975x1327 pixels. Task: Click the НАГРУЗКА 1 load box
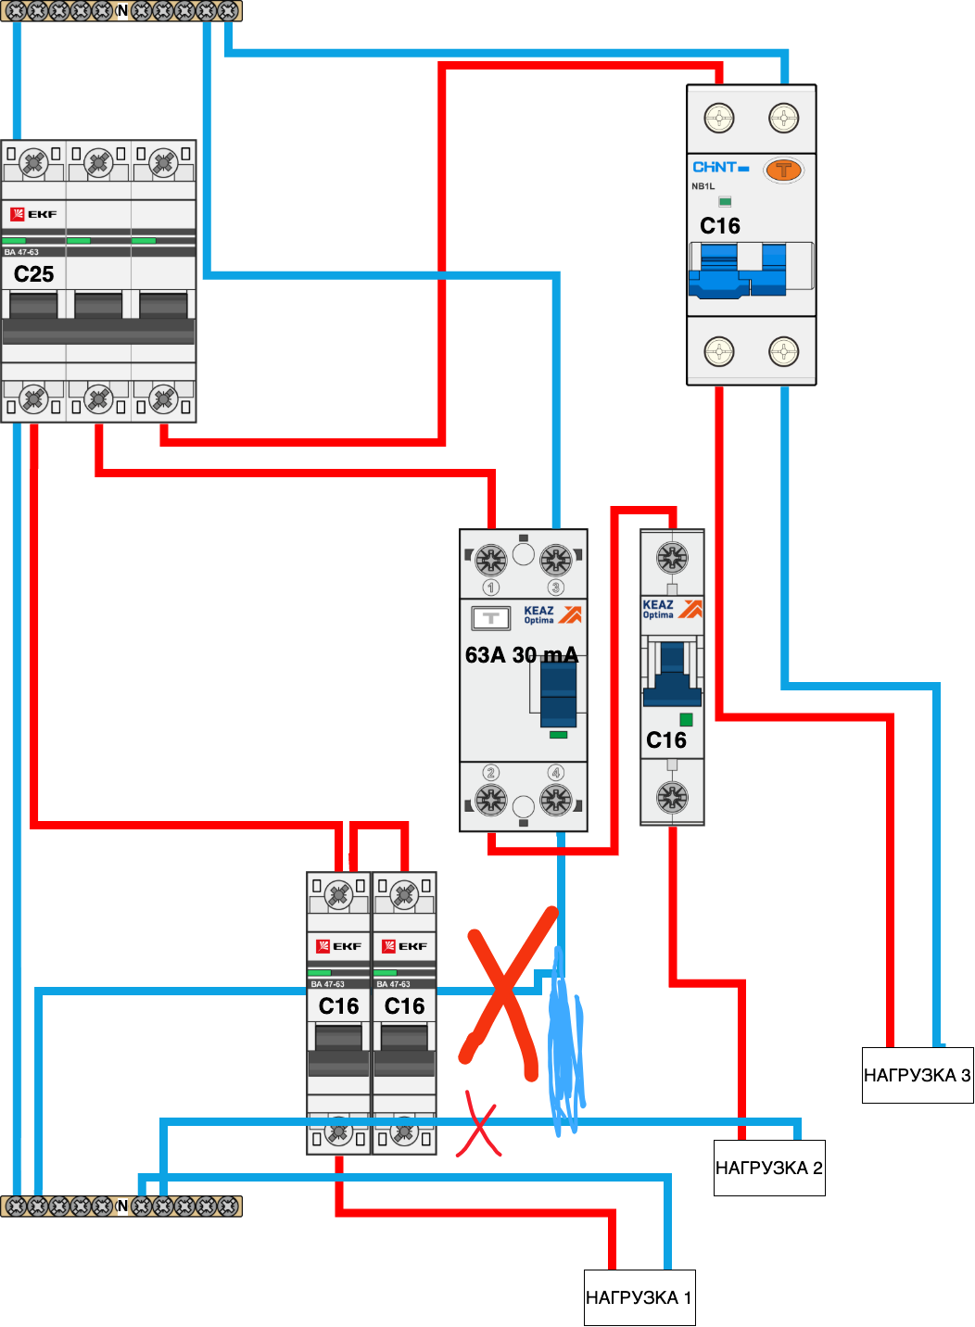pos(639,1297)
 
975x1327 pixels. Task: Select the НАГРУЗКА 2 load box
pos(769,1168)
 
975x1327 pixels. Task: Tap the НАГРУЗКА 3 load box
pos(918,1075)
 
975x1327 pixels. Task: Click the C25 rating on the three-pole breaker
pos(33,273)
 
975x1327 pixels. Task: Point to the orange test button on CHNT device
pos(783,171)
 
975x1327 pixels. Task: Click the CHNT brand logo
pos(720,167)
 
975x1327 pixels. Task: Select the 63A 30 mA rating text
pos(521,654)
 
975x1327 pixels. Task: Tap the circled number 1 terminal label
pos(490,588)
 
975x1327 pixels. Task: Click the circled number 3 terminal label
pos(555,588)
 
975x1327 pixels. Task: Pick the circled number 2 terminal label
pos(490,773)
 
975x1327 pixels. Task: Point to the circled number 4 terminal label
pos(555,773)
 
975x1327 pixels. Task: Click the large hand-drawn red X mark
pos(504,1001)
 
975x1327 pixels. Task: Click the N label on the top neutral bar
pos(122,11)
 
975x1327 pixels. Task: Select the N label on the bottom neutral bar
pos(122,1206)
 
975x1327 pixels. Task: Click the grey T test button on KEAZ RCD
pos(490,618)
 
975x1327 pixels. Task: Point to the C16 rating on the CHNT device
pos(720,226)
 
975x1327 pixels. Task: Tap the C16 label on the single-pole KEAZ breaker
pos(665,739)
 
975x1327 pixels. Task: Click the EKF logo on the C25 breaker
pos(33,214)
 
